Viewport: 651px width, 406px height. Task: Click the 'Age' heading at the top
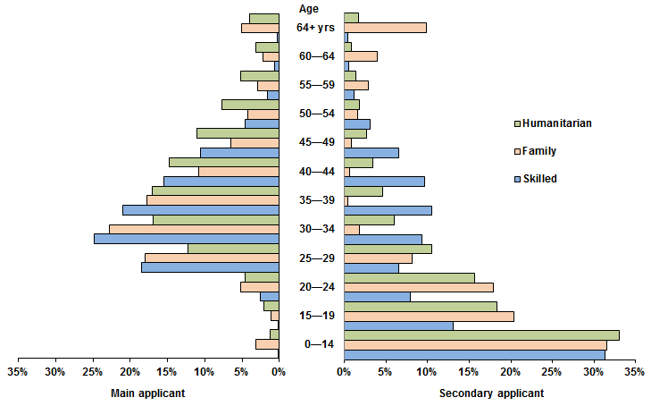coord(309,9)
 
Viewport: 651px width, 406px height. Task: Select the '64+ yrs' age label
coord(316,28)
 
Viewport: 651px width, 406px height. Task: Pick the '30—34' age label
coord(317,229)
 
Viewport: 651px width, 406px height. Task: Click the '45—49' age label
coord(317,142)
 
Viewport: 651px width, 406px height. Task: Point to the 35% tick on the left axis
coord(18,371)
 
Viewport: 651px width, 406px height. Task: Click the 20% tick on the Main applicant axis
coord(129,371)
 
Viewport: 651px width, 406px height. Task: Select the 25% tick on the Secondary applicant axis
coord(551,371)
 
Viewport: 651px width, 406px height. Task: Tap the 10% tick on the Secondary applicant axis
coord(427,371)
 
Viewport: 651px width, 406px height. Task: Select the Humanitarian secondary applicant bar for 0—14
coord(481,334)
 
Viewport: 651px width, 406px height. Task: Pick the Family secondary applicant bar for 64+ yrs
coord(385,28)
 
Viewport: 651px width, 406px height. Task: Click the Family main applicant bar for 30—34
coord(194,229)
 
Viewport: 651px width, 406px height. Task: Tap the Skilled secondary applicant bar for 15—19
coord(398,325)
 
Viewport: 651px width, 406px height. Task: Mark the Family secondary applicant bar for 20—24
coord(418,287)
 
